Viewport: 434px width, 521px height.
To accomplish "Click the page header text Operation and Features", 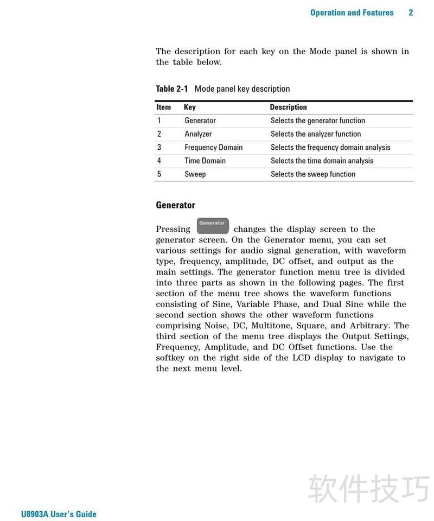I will [352, 12].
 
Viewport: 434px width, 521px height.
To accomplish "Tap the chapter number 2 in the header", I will [411, 12].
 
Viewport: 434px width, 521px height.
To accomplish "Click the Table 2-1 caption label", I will [172, 88].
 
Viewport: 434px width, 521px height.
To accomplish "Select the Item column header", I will [163, 107].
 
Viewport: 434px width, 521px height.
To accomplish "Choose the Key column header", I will [190, 107].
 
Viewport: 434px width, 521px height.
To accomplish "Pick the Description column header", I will [288, 107].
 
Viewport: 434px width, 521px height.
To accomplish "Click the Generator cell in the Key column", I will [200, 120].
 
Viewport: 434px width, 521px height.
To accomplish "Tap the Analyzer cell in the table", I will [198, 134].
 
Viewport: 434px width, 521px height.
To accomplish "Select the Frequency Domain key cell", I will [213, 147].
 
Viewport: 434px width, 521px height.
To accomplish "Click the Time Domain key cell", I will [205, 161].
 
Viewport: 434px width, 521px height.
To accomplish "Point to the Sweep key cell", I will [195, 174].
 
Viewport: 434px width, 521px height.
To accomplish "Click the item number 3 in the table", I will [159, 147].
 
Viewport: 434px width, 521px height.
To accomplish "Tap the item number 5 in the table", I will [159, 174].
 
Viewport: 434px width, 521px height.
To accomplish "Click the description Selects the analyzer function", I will [316, 134].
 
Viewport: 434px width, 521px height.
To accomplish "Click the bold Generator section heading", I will [175, 205].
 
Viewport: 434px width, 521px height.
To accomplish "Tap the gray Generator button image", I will [212, 225].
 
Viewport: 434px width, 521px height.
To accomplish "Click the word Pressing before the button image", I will [173, 229].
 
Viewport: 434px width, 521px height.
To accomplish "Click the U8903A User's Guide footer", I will [59, 514].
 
